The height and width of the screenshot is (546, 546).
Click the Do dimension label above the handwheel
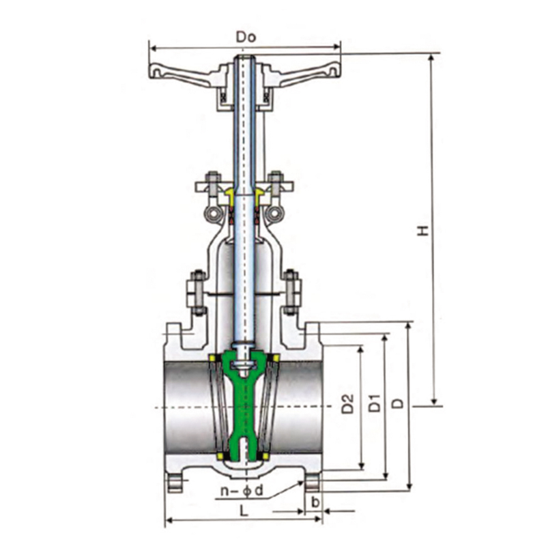pyautogui.click(x=246, y=37)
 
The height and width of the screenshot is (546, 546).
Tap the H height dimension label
pyautogui.click(x=423, y=230)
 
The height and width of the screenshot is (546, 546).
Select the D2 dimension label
pyautogui.click(x=347, y=404)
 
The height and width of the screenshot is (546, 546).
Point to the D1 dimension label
pyautogui.click(x=375, y=403)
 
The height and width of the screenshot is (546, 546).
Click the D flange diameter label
pyautogui.click(x=398, y=403)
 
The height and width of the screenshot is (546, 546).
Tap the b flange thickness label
pyautogui.click(x=315, y=502)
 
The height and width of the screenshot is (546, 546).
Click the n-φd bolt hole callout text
pyautogui.click(x=242, y=491)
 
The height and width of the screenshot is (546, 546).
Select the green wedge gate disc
pyautogui.click(x=245, y=401)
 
